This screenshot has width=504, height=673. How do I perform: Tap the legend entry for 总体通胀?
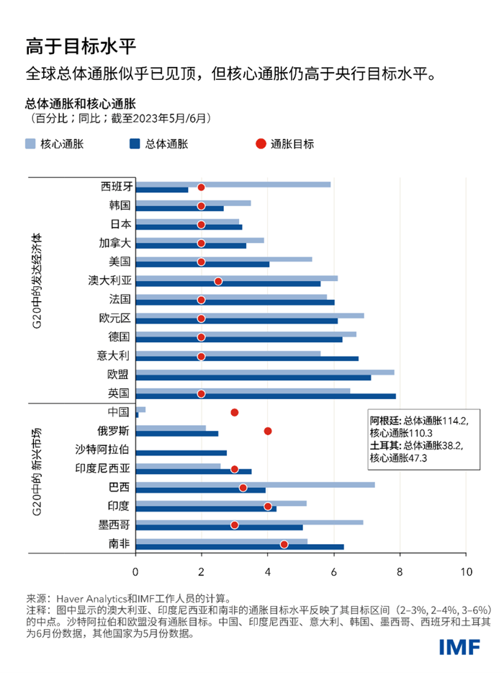click(x=166, y=143)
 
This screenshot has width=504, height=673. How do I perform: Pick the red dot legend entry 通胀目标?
click(x=284, y=143)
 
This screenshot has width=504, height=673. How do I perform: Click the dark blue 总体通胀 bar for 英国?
click(x=265, y=396)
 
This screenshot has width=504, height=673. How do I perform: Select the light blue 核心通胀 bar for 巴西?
click(x=255, y=484)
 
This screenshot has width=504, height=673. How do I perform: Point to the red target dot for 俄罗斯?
click(x=268, y=431)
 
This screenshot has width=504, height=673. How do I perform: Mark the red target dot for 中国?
click(x=234, y=412)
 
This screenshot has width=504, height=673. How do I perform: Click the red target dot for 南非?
click(x=284, y=545)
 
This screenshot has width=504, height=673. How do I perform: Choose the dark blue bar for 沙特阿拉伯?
click(x=181, y=453)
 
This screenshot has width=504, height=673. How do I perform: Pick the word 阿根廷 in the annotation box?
click(x=382, y=420)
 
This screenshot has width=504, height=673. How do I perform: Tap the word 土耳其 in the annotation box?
click(x=382, y=445)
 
